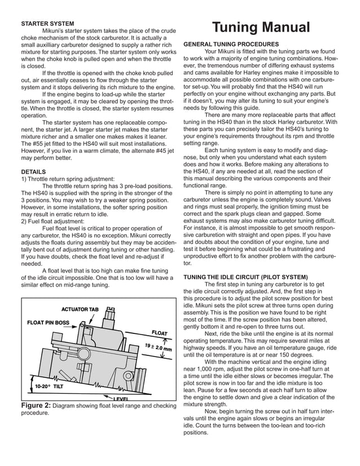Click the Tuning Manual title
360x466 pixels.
pos(261,28)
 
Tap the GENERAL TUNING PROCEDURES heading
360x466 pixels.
pos(231,44)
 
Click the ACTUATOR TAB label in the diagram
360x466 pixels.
pos(80,310)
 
